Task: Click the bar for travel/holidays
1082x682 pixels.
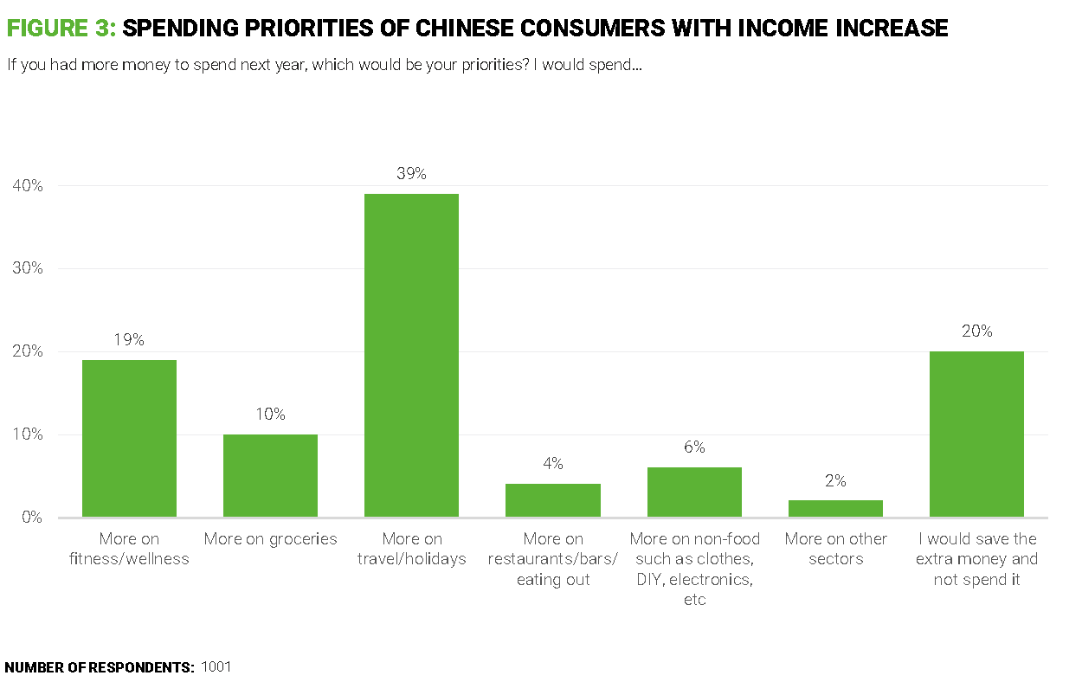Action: (411, 355)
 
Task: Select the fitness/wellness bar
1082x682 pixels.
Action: (129, 438)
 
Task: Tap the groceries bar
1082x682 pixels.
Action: (270, 475)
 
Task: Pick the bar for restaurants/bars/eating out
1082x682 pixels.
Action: (553, 500)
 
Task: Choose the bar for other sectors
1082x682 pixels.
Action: (835, 509)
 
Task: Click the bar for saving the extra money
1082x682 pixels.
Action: (976, 434)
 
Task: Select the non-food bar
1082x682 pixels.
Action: (694, 492)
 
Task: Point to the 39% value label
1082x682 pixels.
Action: (411, 173)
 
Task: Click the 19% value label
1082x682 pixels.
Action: (129, 340)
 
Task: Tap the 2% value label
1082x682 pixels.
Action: (835, 480)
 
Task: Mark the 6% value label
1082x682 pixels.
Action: (694, 447)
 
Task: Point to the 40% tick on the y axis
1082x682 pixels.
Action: (28, 186)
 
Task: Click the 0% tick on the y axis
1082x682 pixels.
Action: (32, 518)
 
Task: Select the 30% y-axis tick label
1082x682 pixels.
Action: (28, 268)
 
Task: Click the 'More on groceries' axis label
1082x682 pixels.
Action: (270, 539)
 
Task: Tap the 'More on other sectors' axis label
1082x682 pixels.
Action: (835, 549)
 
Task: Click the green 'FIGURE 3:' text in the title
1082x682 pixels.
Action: (61, 29)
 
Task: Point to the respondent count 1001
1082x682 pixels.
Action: (216, 667)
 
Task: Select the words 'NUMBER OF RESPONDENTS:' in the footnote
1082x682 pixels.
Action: (100, 667)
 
